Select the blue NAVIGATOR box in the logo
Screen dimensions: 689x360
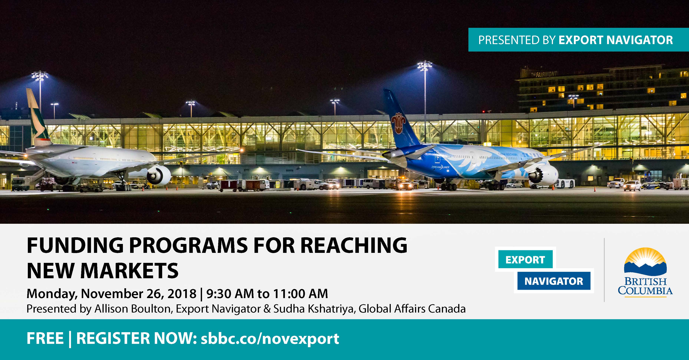tap(554, 281)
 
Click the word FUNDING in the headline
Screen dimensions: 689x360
tap(75, 245)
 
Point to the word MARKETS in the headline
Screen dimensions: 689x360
tap(129, 270)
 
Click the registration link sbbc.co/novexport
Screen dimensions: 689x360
tap(270, 339)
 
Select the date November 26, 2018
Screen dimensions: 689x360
tap(138, 293)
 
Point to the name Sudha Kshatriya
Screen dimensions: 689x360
tap(314, 309)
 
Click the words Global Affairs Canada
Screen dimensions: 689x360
tap(412, 309)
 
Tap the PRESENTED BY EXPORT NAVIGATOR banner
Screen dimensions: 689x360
tap(579, 40)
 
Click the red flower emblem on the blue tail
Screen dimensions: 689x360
tap(399, 123)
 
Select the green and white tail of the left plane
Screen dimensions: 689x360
tap(38, 118)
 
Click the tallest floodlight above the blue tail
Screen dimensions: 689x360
tap(425, 102)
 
